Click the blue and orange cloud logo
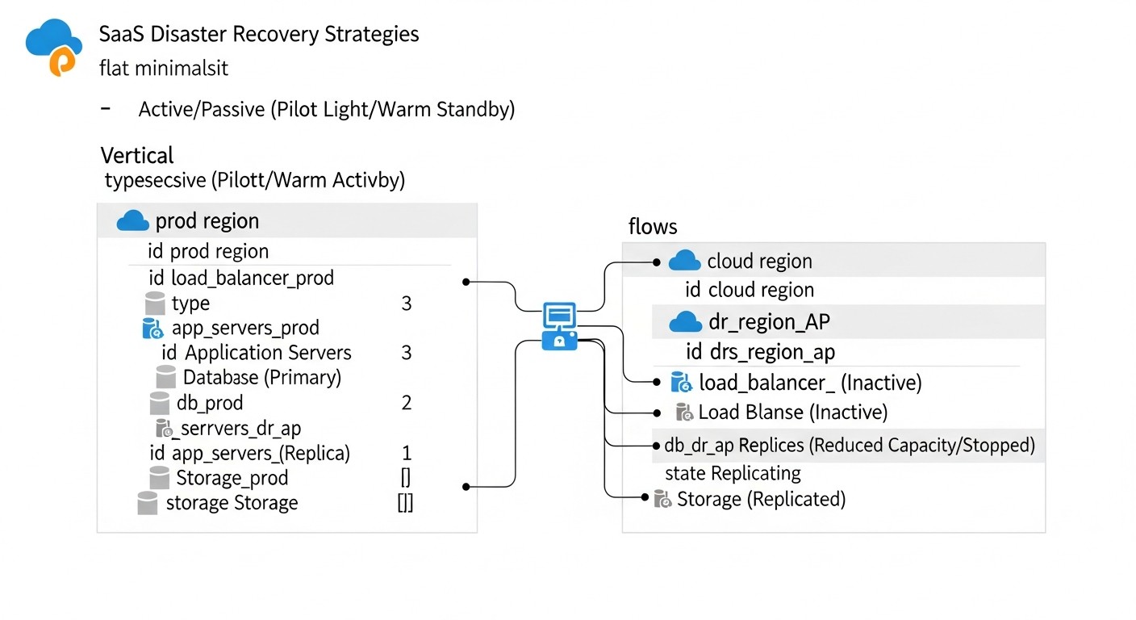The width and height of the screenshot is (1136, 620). (x=54, y=48)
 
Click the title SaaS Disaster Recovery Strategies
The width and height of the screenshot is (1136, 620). (x=259, y=35)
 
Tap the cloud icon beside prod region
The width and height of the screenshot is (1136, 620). (x=133, y=221)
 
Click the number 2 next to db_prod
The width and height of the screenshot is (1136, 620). (x=407, y=403)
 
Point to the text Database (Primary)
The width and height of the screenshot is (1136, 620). (x=262, y=377)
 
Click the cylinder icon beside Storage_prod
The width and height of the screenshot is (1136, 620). (x=160, y=477)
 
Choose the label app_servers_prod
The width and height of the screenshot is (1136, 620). (x=245, y=329)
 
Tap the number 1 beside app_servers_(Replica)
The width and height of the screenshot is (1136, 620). (x=407, y=453)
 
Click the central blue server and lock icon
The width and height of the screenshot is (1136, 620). (x=560, y=326)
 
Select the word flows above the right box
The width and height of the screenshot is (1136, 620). (x=653, y=227)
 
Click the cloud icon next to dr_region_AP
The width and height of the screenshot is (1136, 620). (x=686, y=323)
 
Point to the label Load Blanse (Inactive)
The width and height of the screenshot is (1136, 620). (x=792, y=413)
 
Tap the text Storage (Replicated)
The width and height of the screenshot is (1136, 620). (x=761, y=500)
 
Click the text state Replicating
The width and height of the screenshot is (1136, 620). (x=733, y=473)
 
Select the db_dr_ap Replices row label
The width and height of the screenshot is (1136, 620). (x=849, y=446)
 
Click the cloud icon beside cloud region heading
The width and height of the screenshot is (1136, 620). (x=685, y=262)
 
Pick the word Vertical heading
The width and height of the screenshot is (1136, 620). (x=137, y=155)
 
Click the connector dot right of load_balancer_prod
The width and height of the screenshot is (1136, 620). (x=466, y=282)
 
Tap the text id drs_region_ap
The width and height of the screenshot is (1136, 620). (x=760, y=352)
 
